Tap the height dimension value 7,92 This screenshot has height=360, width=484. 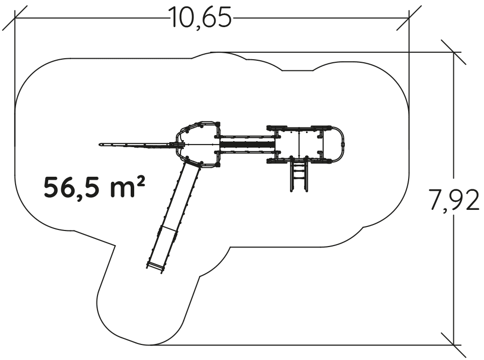[455, 200]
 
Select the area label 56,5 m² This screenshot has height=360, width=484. [94, 187]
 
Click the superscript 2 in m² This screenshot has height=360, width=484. [140, 182]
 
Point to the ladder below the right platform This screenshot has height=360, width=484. [299, 174]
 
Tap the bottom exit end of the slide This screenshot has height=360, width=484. [155, 267]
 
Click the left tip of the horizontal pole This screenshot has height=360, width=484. [100, 145]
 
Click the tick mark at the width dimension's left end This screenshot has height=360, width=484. [15, 18]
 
